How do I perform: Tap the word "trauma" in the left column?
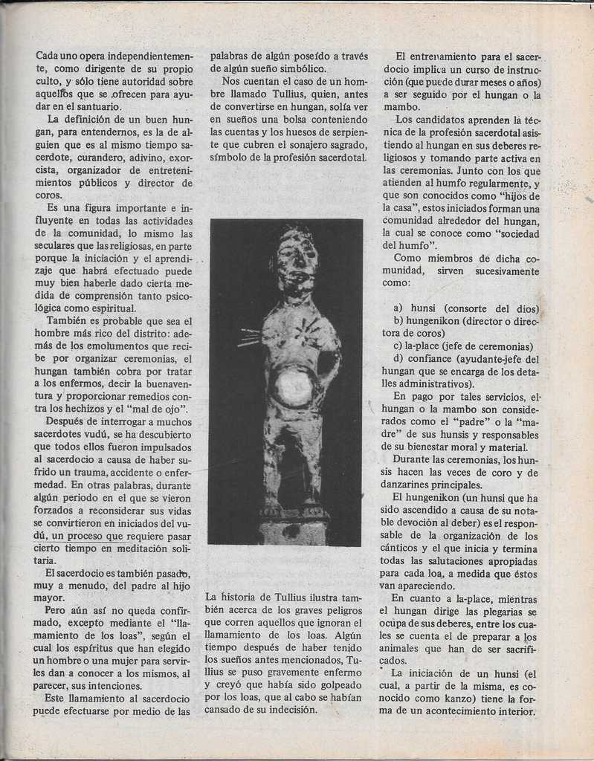(x=87, y=472)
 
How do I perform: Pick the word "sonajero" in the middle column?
(x=294, y=145)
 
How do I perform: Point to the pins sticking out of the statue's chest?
(x=250, y=339)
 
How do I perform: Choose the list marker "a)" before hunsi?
(x=398, y=309)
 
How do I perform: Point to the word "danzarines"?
(x=412, y=485)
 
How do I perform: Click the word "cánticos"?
(x=407, y=548)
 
